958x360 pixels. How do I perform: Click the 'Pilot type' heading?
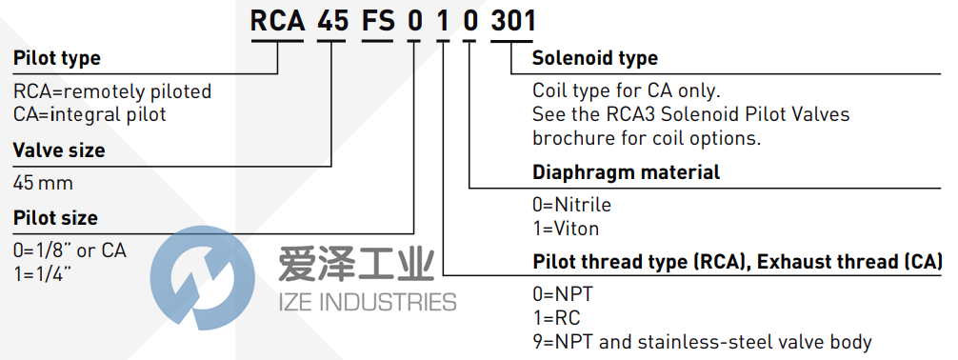click(56, 58)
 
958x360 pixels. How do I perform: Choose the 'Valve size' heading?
click(59, 150)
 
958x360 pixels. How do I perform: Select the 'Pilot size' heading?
click(55, 217)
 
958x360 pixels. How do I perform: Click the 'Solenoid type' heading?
click(594, 58)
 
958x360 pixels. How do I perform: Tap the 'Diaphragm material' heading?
click(626, 172)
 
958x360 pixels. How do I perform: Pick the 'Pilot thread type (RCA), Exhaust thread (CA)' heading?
click(737, 262)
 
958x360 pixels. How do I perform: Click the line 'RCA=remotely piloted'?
click(112, 92)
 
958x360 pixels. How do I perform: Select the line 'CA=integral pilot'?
click(90, 114)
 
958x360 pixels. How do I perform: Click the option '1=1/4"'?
click(44, 272)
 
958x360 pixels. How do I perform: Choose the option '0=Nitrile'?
click(571, 205)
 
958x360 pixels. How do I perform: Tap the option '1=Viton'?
click(566, 228)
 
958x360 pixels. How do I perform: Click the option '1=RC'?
click(556, 318)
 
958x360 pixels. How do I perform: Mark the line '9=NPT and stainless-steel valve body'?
click(702, 341)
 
